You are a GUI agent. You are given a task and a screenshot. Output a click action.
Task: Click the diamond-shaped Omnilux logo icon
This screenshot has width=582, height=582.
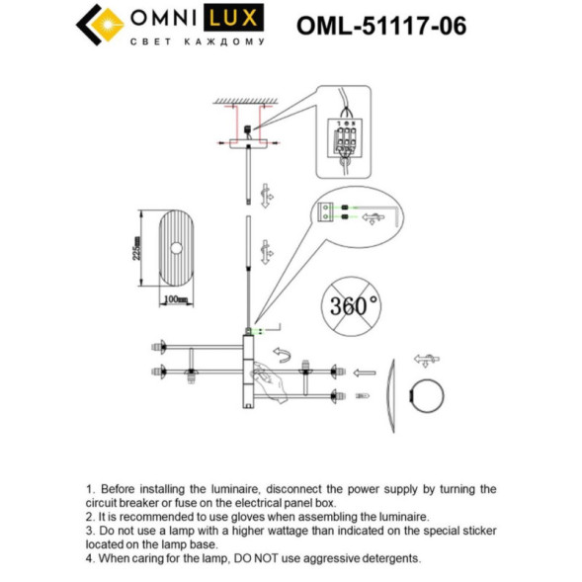(x=97, y=26)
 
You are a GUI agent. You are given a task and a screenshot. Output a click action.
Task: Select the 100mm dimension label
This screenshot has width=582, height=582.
(x=175, y=297)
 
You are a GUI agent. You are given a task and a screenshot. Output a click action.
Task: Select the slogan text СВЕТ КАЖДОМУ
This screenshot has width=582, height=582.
(x=199, y=42)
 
